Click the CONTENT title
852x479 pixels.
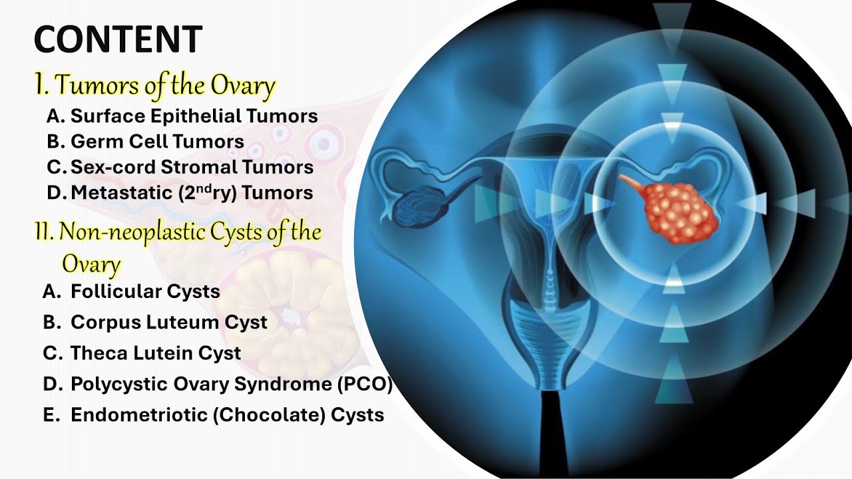(x=118, y=39)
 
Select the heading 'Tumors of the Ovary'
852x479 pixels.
(x=164, y=86)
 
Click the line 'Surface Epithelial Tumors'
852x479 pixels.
(x=194, y=116)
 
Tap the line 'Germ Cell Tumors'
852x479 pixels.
(x=157, y=141)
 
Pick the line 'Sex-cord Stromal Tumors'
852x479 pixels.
(x=192, y=166)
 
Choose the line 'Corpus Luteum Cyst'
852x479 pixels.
(x=168, y=322)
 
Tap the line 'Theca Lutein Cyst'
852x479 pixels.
(x=156, y=353)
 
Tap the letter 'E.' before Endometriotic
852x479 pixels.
(x=51, y=414)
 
